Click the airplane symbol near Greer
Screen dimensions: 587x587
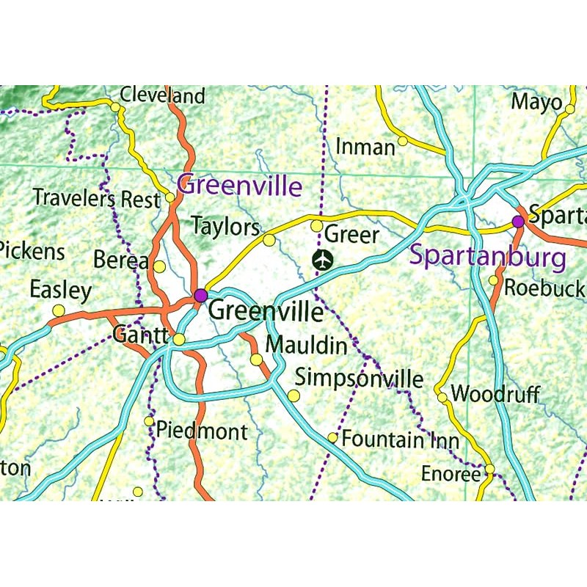[321, 259]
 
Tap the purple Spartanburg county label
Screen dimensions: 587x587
[487, 257]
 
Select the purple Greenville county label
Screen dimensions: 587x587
[240, 185]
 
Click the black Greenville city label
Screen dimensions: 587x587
[266, 312]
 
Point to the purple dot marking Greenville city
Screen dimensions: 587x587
[200, 295]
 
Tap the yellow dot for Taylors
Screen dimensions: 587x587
[269, 240]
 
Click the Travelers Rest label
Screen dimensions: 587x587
[96, 197]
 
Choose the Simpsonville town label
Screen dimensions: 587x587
[359, 379]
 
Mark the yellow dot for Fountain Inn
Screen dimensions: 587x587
[332, 438]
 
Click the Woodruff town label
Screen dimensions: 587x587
[495, 394]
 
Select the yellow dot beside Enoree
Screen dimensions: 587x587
[489, 469]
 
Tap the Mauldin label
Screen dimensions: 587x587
[306, 344]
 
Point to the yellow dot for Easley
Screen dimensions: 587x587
[58, 310]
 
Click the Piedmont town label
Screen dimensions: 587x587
[202, 431]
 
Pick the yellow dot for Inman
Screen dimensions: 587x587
[403, 141]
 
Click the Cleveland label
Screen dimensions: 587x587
[162, 95]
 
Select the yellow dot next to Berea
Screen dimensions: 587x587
[159, 266]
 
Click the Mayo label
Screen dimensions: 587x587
[536, 101]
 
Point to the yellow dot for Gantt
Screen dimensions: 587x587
[179, 339]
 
